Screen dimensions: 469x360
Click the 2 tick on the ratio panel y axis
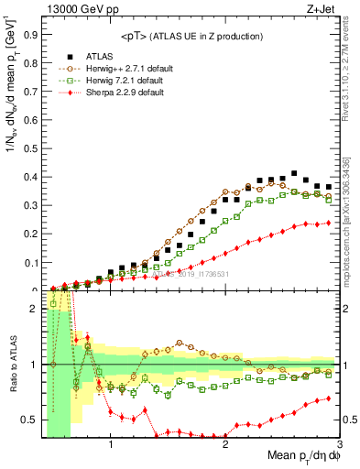(38, 309)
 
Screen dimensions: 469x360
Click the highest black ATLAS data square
(294, 173)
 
